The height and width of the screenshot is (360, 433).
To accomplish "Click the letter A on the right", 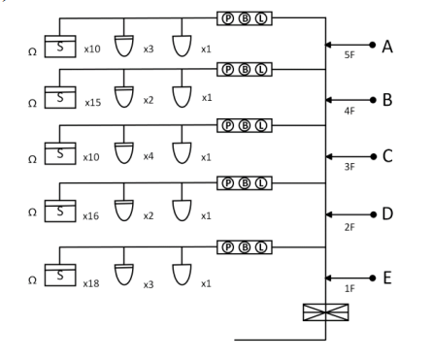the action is coord(387,47).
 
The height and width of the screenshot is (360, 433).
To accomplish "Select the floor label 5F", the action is coord(350,55).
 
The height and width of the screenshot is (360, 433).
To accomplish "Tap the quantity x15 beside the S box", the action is coord(93,103).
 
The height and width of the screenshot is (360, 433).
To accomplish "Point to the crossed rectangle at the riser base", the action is coord(325,312).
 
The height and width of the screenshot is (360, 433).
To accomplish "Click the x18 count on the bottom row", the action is coord(91,283).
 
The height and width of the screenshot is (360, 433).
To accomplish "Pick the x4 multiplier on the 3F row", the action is coord(149,156).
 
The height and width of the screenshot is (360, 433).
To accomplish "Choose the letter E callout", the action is coord(387,278).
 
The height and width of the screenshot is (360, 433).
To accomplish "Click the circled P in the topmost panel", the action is coord(228,18).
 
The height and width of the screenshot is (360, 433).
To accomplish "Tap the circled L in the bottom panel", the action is coord(261,247).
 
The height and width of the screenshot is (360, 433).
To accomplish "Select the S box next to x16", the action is coord(60,211).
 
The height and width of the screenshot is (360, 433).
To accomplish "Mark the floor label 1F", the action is coord(350,288).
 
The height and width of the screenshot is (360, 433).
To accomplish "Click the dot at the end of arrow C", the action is coord(374,156).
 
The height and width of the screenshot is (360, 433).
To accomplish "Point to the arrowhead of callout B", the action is coord(328,100).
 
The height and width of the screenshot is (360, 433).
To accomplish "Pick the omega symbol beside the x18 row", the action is coord(32,280).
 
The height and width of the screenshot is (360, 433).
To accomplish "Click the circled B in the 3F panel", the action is coord(245,125).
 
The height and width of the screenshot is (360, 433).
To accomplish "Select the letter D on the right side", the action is coord(387,213).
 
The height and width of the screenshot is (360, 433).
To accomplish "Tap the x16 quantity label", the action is coord(91,216).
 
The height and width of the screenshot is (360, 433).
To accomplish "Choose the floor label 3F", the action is coord(350,167).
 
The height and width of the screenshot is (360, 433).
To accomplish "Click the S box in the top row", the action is coord(60,47).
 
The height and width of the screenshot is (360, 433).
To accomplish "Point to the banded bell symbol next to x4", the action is coord(124,153).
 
